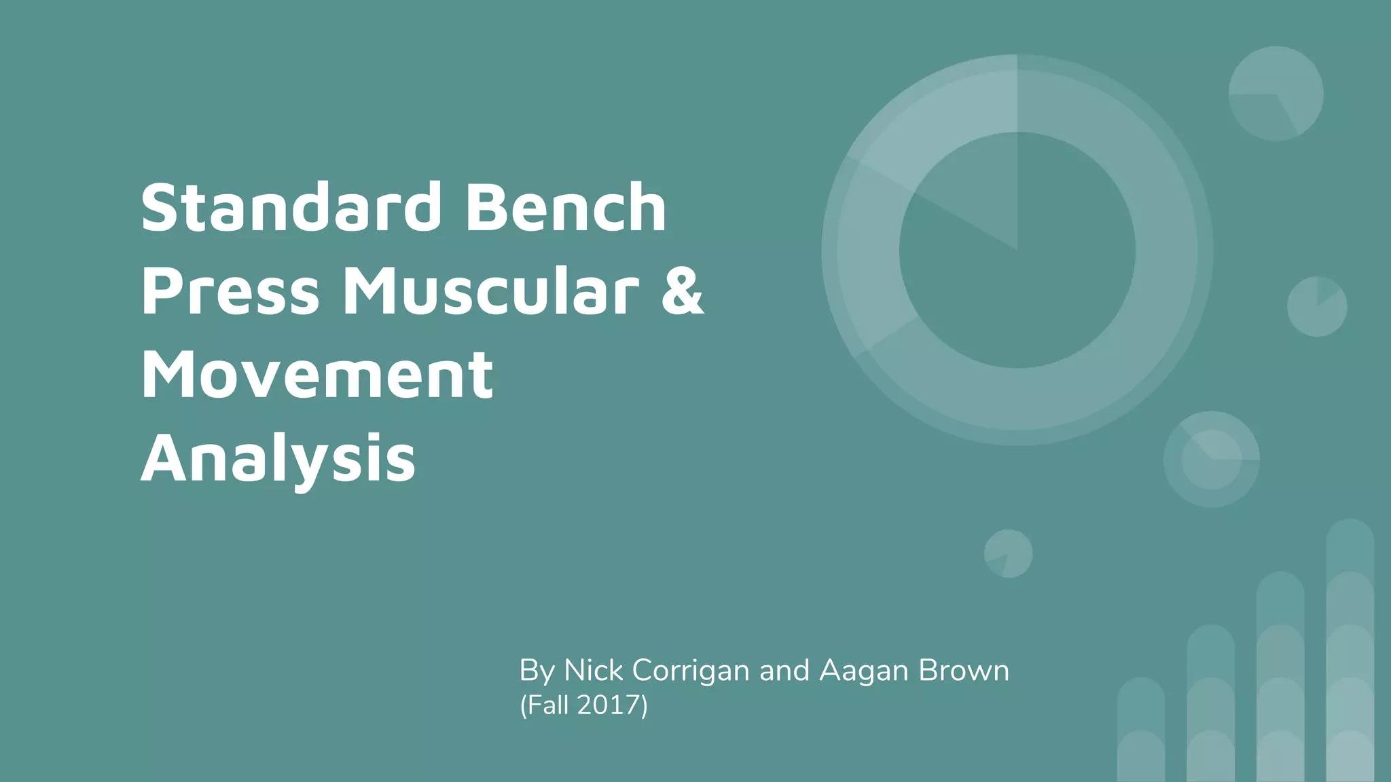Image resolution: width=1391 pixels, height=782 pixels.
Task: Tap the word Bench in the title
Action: click(566, 207)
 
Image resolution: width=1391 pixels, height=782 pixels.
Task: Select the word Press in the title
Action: click(230, 292)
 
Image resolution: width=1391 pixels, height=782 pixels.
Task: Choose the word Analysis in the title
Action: click(278, 459)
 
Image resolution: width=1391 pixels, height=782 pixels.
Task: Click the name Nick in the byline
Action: click(594, 671)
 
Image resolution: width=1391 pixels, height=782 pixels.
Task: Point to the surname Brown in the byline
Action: click(964, 671)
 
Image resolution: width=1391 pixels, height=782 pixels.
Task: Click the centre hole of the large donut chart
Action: click(1017, 250)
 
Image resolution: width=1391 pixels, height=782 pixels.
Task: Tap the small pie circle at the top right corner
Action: click(1276, 94)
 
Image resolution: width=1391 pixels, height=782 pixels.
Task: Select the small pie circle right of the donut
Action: click(1317, 306)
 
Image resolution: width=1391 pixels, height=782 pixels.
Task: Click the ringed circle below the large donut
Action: click(1211, 459)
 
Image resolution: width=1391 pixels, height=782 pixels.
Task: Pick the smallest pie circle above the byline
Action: click(1008, 553)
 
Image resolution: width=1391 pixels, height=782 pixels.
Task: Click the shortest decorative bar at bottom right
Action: click(1141, 729)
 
